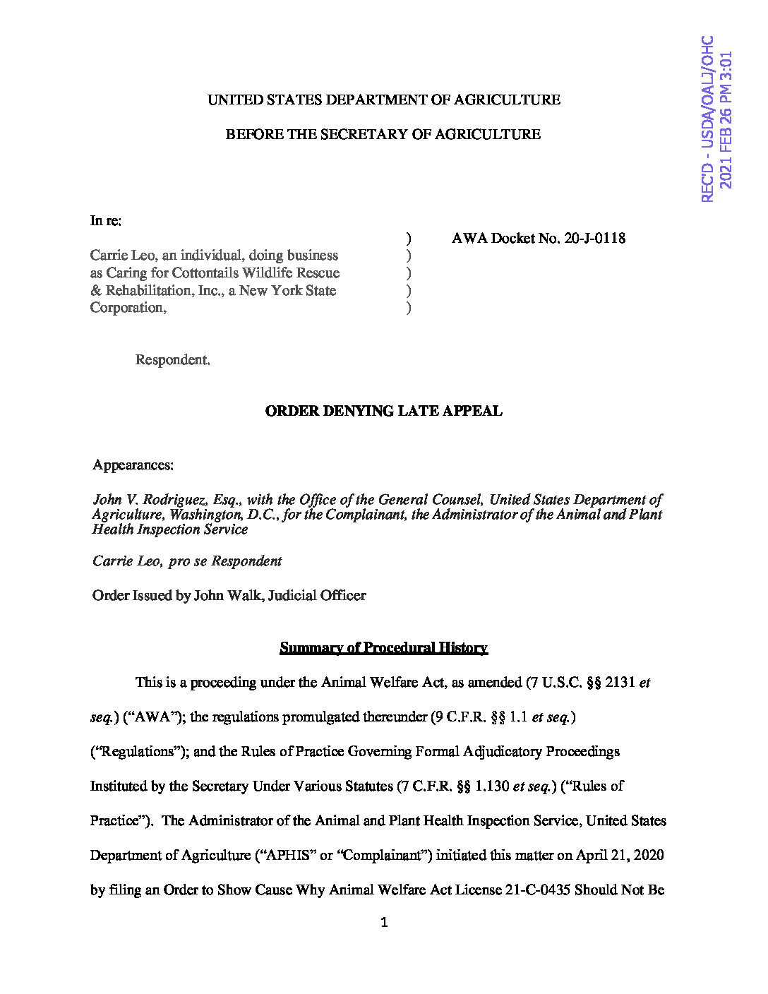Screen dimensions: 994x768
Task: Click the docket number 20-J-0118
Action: (x=594, y=238)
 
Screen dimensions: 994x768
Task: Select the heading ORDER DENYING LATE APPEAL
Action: (x=383, y=411)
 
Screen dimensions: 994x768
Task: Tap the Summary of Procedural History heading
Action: (x=383, y=647)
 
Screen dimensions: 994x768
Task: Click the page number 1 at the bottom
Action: (x=384, y=922)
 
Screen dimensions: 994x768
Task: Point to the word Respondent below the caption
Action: (x=172, y=360)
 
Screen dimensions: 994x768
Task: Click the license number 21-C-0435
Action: (x=538, y=890)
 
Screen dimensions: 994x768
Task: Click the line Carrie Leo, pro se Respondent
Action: (x=187, y=561)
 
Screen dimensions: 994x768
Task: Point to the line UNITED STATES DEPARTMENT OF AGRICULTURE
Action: (x=383, y=100)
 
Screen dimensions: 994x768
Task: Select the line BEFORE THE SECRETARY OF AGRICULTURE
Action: (x=383, y=134)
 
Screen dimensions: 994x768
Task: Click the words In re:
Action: (x=106, y=221)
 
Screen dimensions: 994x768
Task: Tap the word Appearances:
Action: (x=133, y=465)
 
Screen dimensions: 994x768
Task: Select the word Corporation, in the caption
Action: (x=128, y=308)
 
